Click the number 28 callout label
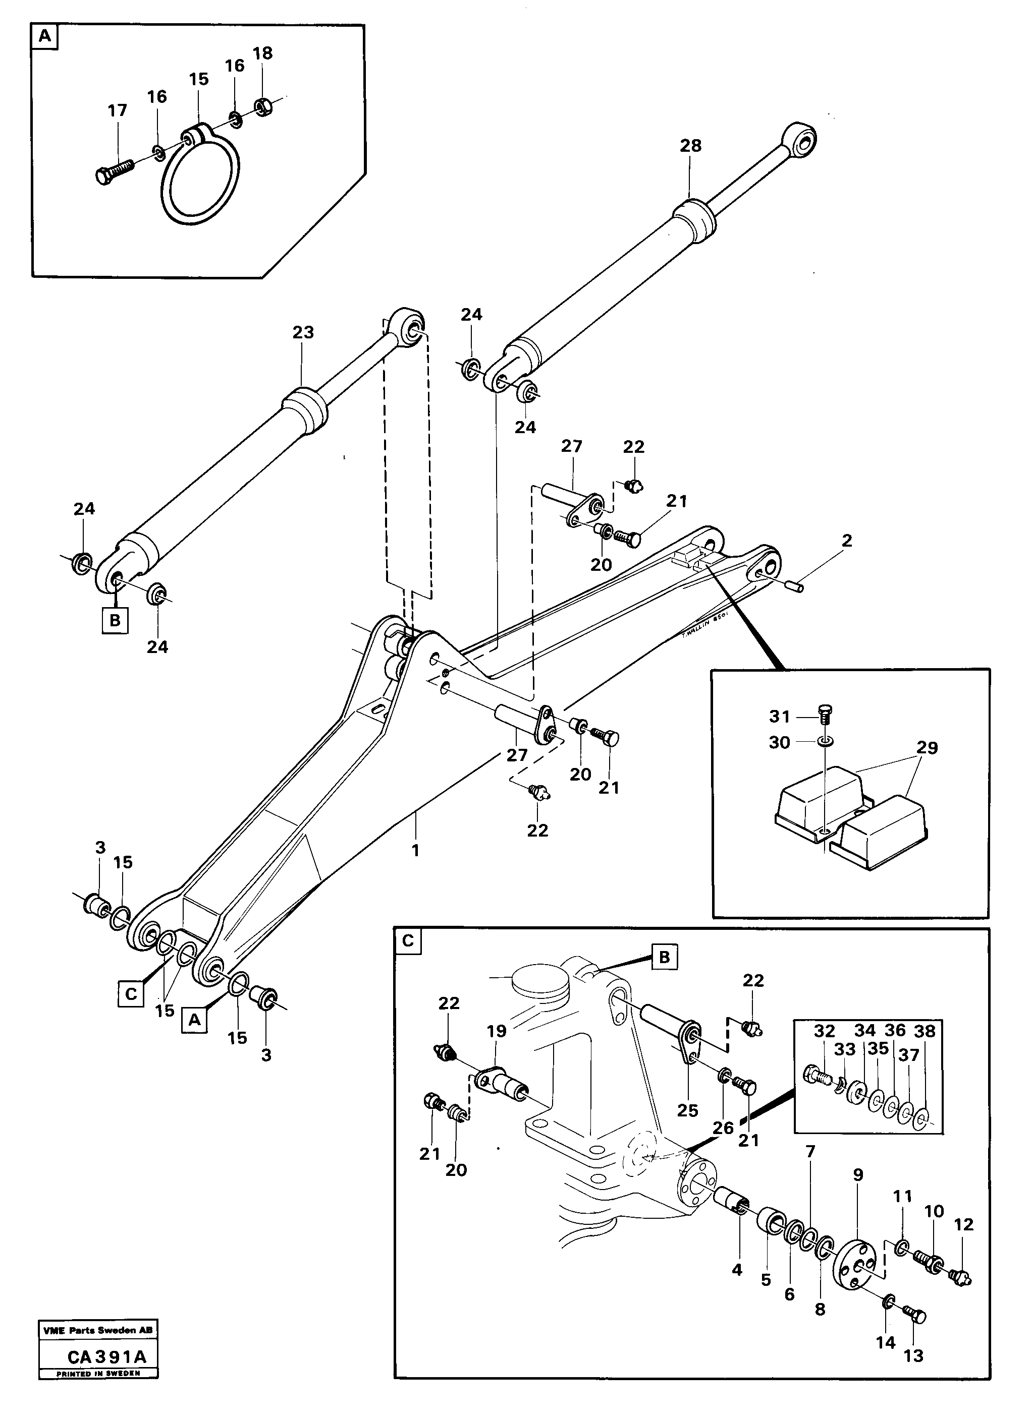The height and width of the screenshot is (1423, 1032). click(690, 146)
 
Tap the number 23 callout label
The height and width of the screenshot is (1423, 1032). click(303, 332)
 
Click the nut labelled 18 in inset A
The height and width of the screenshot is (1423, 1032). click(262, 107)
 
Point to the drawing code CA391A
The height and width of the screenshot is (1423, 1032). click(106, 1357)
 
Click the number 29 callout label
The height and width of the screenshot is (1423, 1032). click(926, 748)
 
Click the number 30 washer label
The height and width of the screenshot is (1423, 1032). click(779, 743)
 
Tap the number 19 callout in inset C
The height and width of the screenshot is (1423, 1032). click(496, 1032)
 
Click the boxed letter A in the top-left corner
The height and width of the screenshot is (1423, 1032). click(44, 36)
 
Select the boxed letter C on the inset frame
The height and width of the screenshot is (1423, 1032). click(408, 941)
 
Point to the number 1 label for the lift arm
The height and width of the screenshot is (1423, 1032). click(415, 851)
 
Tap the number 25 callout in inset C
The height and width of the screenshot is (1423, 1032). click(687, 1110)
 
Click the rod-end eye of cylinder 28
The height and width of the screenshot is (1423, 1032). click(800, 139)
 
